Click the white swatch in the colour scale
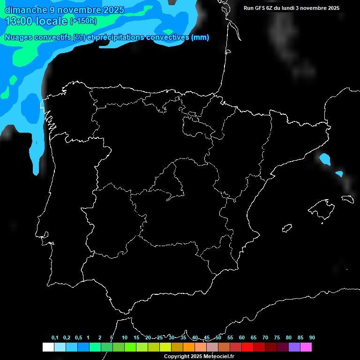tap(48, 347)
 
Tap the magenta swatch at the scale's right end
tap(306, 347)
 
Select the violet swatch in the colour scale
tap(294, 347)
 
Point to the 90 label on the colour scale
tap(312, 338)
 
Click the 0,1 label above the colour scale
tap(55, 338)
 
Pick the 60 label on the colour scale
tap(241, 338)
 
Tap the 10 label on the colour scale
tap(124, 338)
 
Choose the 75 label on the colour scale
tap(277, 338)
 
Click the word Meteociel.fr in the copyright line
tap(218, 357)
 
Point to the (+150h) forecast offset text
tap(83, 21)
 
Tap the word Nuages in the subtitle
tap(18, 37)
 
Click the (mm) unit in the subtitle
tap(200, 37)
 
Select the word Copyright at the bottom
tap(177, 357)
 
